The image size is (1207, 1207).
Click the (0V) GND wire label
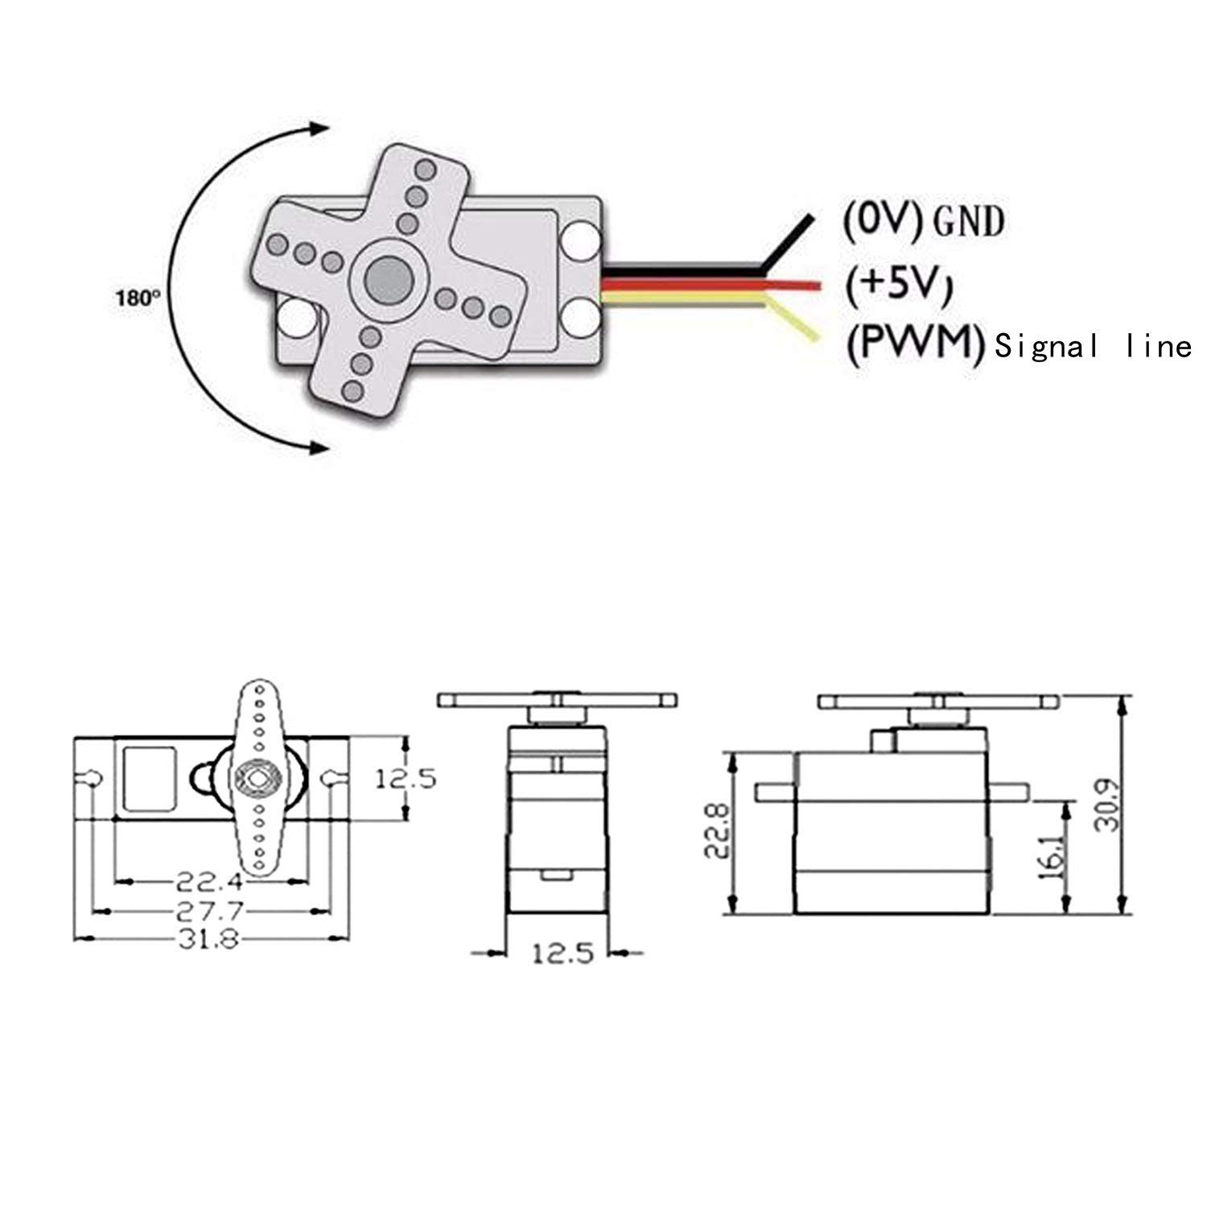(923, 220)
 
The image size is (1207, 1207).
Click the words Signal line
(1093, 347)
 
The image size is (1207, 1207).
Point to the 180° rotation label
(132, 298)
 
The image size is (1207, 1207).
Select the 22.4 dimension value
(209, 883)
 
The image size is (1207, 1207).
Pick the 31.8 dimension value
(209, 939)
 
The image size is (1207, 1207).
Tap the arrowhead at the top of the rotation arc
(319, 130)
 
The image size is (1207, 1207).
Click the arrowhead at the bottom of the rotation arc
(319, 447)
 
